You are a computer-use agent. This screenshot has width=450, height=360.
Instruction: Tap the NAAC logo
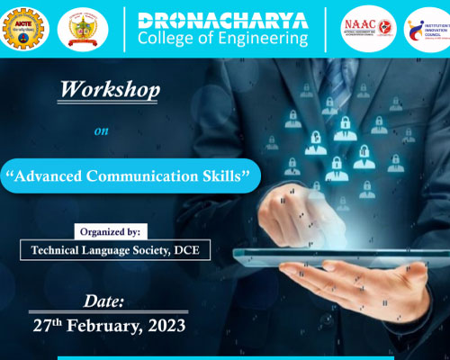370,30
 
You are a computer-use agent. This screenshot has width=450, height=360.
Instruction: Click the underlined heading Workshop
110,90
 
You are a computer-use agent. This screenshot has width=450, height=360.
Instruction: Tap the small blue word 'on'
102,130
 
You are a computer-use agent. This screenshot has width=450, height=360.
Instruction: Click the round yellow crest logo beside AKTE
82,30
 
